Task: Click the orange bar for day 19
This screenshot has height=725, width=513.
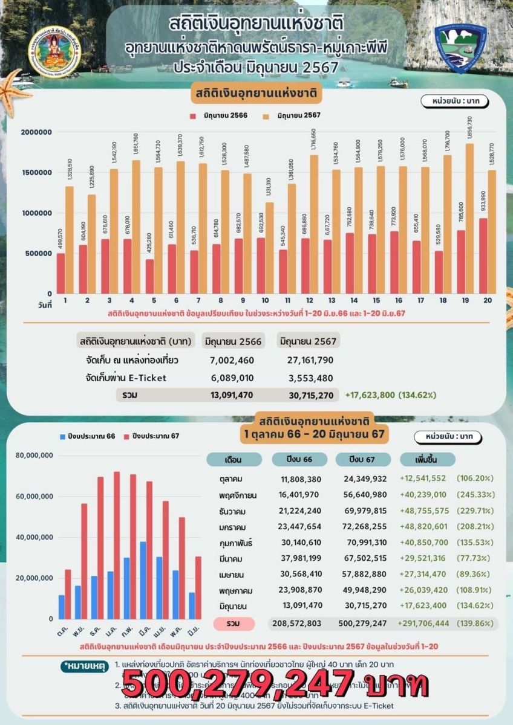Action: click(x=469, y=218)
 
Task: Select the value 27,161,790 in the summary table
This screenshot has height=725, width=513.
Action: click(x=306, y=361)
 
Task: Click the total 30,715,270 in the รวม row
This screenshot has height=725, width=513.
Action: click(x=306, y=396)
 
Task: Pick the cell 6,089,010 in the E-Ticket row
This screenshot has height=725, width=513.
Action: click(x=229, y=378)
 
